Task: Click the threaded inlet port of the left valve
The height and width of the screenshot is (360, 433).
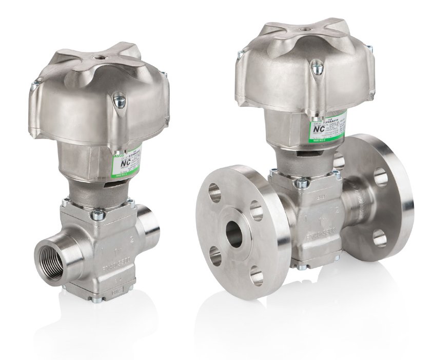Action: (52, 256)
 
